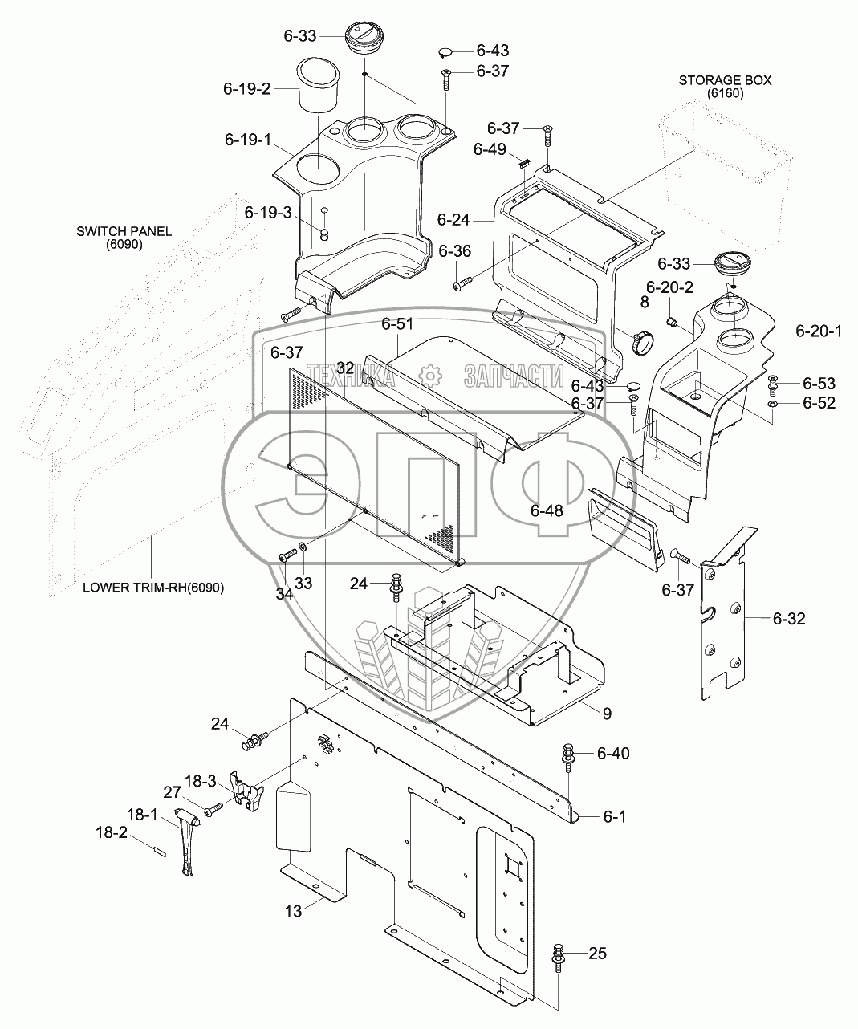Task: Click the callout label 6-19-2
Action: tap(247, 89)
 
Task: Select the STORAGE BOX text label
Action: tap(725, 80)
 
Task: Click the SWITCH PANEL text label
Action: tap(124, 231)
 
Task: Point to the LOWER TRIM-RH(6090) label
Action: tap(153, 588)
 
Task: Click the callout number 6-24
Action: tap(453, 220)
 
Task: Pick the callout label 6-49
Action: tap(490, 148)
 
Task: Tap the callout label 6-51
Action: tap(397, 323)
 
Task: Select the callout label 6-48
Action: tap(547, 510)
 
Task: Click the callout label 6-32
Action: tap(789, 619)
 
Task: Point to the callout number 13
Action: tap(293, 911)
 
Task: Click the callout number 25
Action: tap(597, 953)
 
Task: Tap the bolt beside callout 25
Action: tap(559, 958)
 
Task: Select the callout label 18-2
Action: tap(112, 832)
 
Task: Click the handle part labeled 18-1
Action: tap(187, 843)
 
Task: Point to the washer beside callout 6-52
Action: tap(772, 404)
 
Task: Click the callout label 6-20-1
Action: tap(819, 331)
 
